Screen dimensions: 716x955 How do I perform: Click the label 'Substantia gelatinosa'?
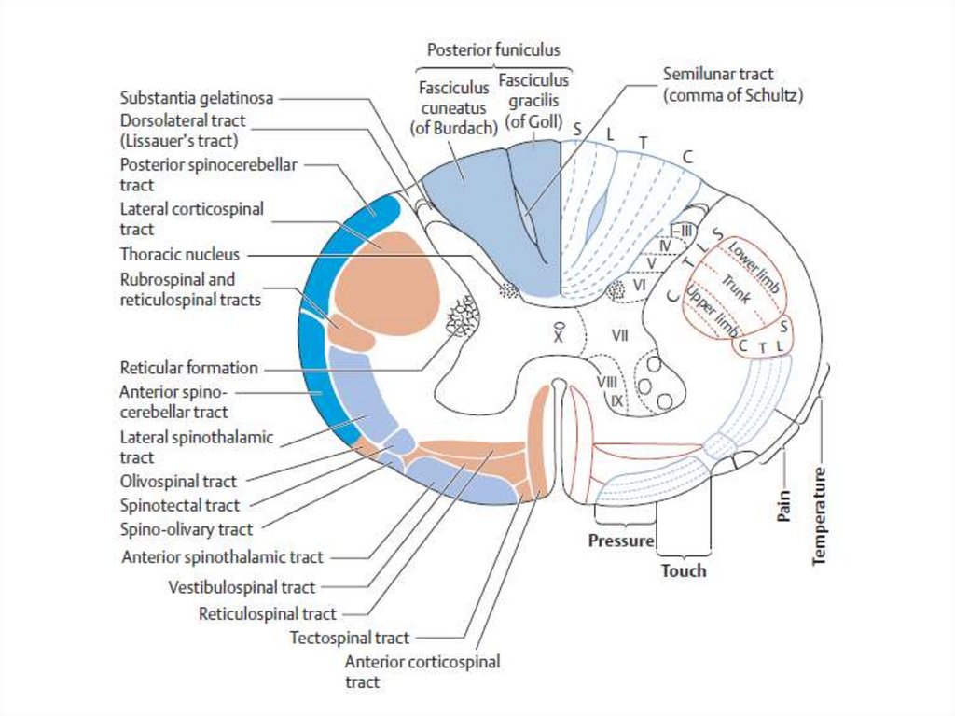[198, 98]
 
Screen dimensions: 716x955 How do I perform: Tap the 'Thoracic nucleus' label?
[180, 254]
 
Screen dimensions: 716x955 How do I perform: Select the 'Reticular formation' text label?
[188, 368]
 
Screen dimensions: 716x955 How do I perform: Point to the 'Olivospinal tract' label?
[178, 482]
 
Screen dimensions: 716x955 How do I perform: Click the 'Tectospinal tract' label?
[350, 639]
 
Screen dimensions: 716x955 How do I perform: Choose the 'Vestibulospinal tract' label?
[242, 587]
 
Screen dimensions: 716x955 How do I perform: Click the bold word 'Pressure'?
[619, 541]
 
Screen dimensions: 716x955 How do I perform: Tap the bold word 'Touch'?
[684, 570]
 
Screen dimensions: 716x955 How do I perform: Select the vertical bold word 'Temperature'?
[820, 514]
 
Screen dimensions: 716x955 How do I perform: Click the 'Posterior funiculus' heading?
[493, 49]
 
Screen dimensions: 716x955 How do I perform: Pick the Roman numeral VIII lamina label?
[606, 382]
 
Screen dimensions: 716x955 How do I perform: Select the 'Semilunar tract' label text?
[718, 74]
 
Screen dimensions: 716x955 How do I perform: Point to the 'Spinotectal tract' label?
[180, 505]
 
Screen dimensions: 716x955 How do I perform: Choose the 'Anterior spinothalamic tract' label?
[223, 557]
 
